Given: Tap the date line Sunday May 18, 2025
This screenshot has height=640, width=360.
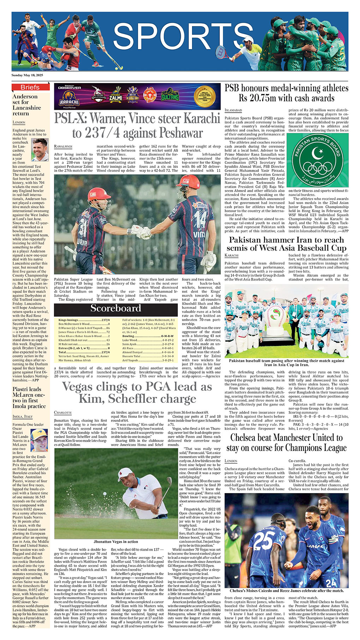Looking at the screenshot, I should pyautogui.click(x=27, y=75).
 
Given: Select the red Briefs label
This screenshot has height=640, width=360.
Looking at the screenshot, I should pyautogui.click(x=30, y=87).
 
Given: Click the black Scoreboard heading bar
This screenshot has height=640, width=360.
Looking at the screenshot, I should pyautogui.click(x=115, y=309).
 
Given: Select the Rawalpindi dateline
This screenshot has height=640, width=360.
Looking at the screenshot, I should pyautogui.click(x=63, y=146).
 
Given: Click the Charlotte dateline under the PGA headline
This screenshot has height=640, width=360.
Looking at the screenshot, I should pyautogui.click(x=63, y=413).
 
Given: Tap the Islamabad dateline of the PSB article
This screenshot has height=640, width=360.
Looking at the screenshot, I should pyautogui.click(x=233, y=110).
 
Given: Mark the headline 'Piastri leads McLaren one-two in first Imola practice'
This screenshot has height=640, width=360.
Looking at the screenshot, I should pyautogui.click(x=29, y=398).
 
